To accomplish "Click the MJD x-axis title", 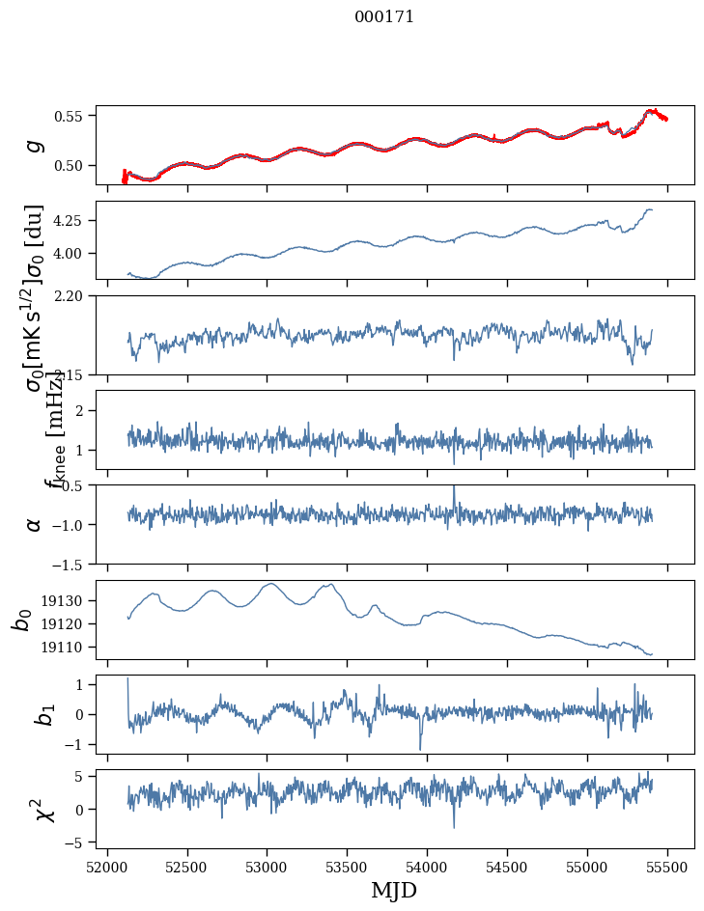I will [x=394, y=890].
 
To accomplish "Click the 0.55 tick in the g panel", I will [x=73, y=116].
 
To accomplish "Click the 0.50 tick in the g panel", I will [x=73, y=165].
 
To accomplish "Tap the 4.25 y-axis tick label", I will [x=73, y=221].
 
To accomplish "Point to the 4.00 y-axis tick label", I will [x=73, y=254].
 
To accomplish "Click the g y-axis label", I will [x=35, y=145].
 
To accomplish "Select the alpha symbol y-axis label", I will [x=35, y=524].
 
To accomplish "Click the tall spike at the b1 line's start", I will [x=127, y=679].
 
